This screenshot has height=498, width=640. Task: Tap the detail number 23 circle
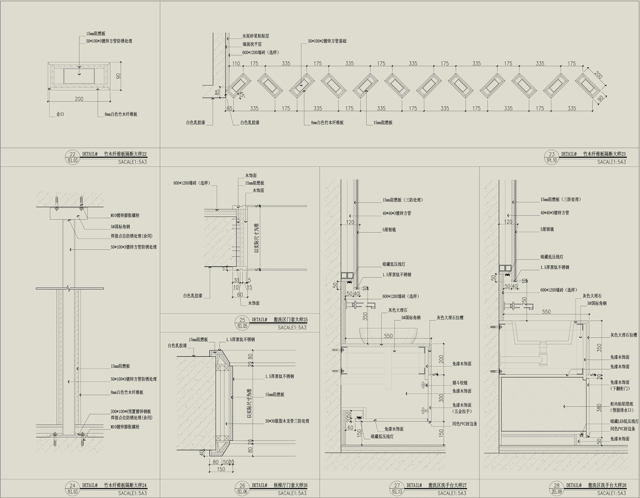[552, 154]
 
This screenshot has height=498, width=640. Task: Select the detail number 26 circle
[242, 485]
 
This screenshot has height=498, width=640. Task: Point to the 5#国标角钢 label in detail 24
[120, 226]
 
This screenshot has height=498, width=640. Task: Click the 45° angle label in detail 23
[242, 95]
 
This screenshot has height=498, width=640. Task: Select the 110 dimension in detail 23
[236, 63]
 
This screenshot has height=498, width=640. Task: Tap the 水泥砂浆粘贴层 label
[255, 36]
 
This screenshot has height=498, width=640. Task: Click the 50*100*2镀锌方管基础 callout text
[327, 41]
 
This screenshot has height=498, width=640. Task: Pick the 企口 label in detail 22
[60, 114]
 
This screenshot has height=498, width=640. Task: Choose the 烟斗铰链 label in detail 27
[460, 383]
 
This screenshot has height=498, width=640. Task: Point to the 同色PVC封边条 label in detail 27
[464, 424]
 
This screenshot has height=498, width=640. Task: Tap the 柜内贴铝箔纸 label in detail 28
[621, 404]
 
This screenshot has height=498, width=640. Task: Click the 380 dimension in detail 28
[599, 408]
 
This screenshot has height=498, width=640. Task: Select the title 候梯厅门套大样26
[290, 485]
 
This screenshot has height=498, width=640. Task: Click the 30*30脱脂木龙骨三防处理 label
[287, 421]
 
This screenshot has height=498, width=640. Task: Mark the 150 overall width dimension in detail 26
[221, 469]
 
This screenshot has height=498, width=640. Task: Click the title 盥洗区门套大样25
[290, 319]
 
